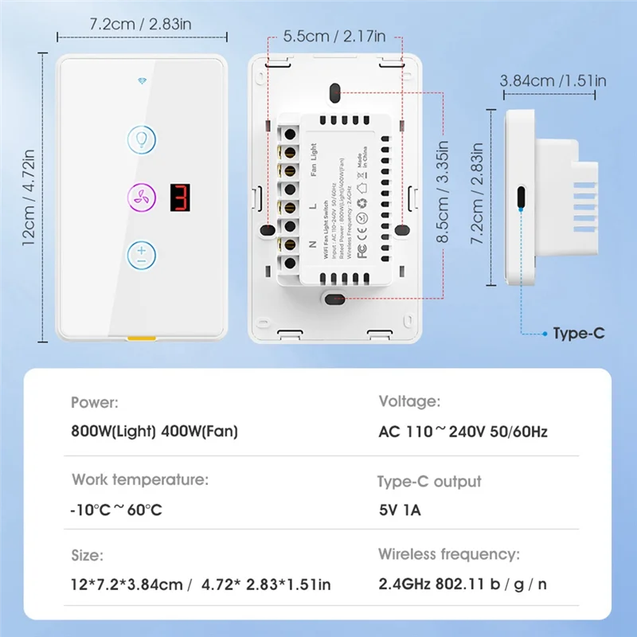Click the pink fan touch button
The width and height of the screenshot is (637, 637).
pyautogui.click(x=141, y=196)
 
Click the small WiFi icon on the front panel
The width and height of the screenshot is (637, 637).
pyautogui.click(x=142, y=80)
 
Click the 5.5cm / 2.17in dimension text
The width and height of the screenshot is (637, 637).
pyautogui.click(x=334, y=36)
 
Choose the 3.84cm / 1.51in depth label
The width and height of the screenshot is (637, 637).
pyautogui.click(x=553, y=80)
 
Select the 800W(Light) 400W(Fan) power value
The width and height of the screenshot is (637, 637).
pyautogui.click(x=154, y=432)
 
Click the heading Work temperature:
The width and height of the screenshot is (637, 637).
pyautogui.click(x=140, y=479)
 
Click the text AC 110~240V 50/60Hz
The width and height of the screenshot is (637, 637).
pyautogui.click(x=463, y=432)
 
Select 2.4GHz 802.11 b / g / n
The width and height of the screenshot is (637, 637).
pyautogui.click(x=463, y=584)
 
